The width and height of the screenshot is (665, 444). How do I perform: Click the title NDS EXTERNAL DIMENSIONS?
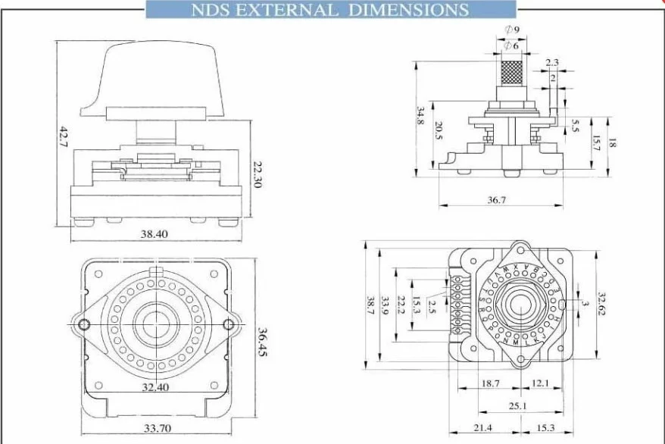point(329,10)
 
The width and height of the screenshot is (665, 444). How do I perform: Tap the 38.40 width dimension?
point(154,234)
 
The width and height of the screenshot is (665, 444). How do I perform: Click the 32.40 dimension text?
point(155,387)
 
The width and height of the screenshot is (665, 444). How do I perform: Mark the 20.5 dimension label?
point(439,131)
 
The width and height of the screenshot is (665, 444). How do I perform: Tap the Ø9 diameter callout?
point(511,30)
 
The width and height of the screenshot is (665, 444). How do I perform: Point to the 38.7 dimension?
point(370,305)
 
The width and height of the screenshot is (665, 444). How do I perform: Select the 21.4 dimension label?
point(481,428)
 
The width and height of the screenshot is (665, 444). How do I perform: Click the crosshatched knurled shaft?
point(511,73)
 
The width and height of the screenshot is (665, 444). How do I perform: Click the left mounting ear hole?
point(86,325)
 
